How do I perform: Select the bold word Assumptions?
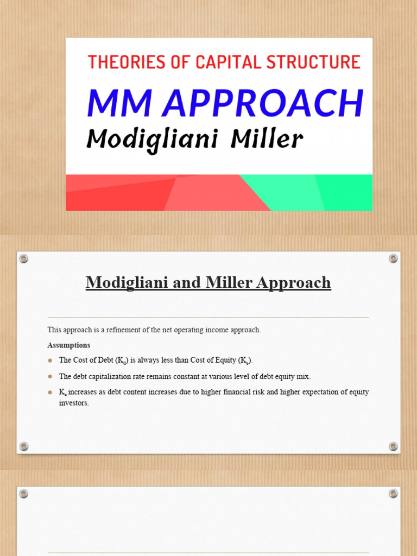pyautogui.click(x=69, y=345)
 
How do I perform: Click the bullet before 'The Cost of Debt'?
pyautogui.click(x=50, y=360)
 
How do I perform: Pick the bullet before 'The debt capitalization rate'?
pyautogui.click(x=50, y=376)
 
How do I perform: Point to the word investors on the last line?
pyautogui.click(x=73, y=403)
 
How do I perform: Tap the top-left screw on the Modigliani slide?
pyautogui.click(x=23, y=258)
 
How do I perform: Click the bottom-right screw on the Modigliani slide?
pyautogui.click(x=394, y=446)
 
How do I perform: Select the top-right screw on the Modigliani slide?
pyautogui.click(x=394, y=258)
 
